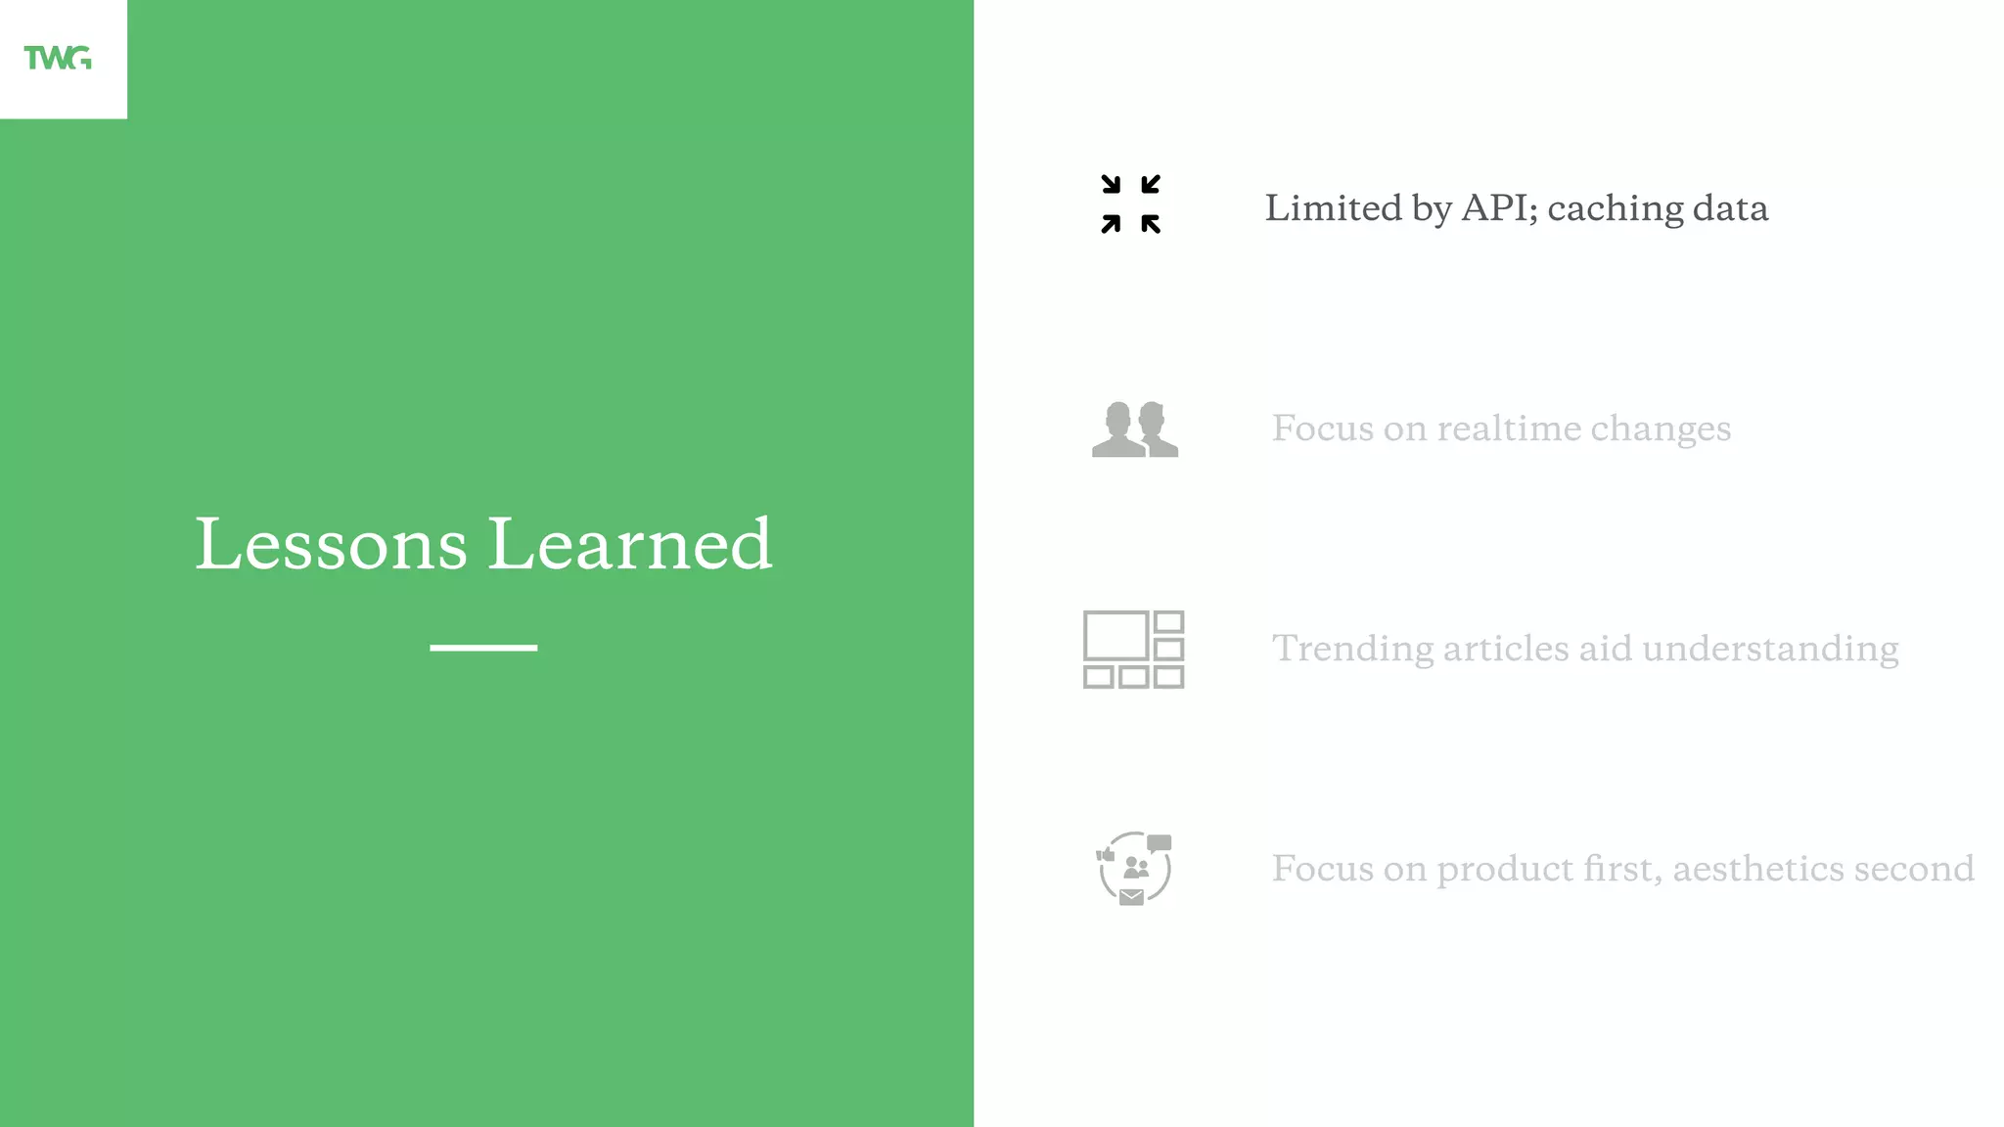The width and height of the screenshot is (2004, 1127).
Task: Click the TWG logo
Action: tap(58, 59)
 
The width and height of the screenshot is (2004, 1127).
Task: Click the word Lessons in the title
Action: tap(331, 544)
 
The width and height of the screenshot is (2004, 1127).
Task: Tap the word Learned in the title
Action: tap(630, 544)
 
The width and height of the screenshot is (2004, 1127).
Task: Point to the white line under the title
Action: tap(483, 648)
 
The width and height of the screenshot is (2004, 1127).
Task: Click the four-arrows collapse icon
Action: tap(1130, 204)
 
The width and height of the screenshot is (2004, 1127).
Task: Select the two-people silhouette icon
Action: tap(1134, 429)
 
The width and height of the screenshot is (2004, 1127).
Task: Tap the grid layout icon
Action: tap(1133, 650)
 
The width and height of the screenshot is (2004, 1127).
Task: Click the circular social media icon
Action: tap(1133, 868)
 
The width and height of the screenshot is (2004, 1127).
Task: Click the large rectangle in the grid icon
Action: tap(1116, 636)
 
